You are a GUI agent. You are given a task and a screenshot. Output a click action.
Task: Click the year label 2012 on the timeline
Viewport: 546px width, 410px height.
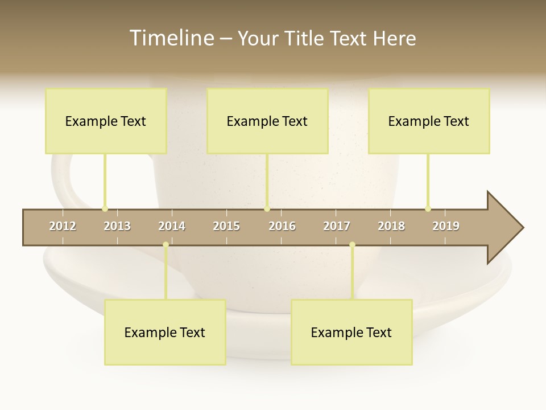[63, 226]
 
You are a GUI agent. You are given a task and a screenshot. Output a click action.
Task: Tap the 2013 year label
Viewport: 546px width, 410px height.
[117, 226]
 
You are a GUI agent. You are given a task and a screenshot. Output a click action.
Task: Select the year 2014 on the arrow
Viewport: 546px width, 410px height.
[172, 226]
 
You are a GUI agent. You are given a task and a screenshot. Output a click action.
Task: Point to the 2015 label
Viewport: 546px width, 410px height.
[226, 226]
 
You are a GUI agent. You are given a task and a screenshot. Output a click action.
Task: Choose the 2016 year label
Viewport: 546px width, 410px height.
[282, 226]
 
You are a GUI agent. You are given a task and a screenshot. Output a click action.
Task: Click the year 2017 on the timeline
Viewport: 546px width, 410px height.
[337, 226]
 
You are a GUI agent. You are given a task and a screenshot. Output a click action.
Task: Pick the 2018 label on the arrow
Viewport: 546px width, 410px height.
[391, 226]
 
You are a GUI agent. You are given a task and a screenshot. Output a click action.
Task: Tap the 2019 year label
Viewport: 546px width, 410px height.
[446, 226]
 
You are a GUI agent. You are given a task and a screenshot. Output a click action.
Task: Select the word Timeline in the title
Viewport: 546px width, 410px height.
[171, 38]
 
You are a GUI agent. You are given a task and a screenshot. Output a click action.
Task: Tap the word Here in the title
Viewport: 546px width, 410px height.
[395, 38]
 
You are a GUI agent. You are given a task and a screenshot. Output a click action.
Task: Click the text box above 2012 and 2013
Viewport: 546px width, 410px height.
[106, 121]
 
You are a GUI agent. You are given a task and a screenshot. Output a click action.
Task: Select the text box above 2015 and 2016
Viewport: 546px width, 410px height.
[267, 121]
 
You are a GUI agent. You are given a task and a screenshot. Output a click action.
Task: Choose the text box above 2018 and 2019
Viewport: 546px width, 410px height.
[429, 121]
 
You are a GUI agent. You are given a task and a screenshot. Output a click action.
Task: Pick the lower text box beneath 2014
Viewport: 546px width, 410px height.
[165, 333]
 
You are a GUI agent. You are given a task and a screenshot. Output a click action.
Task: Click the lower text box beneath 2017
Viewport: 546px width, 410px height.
[351, 333]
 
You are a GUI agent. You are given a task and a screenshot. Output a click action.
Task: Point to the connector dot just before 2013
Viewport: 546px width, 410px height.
[105, 208]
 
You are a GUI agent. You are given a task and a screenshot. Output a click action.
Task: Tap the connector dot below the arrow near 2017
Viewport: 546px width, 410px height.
[352, 245]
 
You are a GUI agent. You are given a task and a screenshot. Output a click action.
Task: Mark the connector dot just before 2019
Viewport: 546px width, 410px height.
[428, 208]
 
